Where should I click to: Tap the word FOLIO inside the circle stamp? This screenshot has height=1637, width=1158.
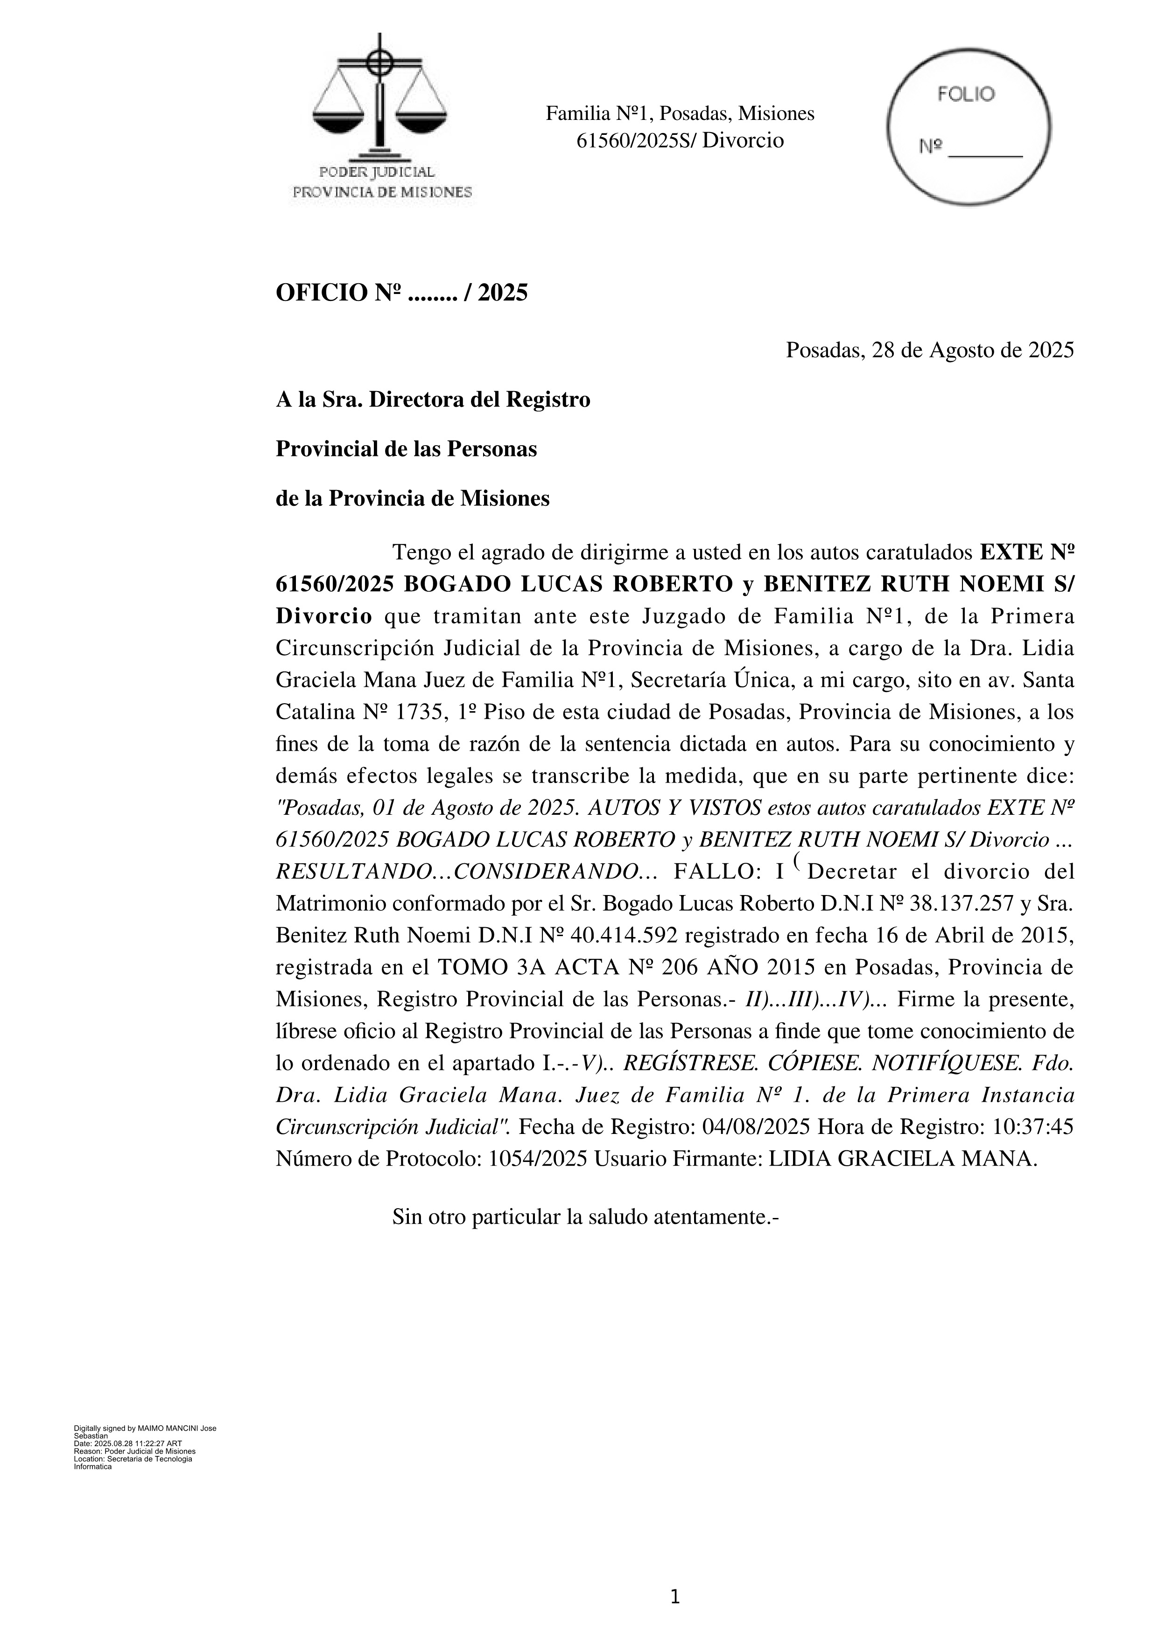(x=966, y=95)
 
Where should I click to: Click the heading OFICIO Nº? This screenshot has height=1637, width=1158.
(x=339, y=293)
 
